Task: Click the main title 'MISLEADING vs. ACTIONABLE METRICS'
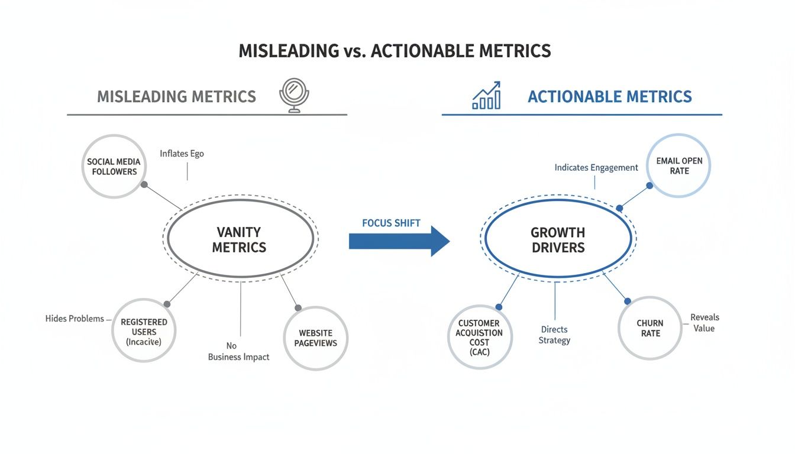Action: (395, 51)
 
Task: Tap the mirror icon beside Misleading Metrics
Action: (294, 95)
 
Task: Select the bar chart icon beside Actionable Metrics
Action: (486, 96)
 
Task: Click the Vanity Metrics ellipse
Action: (240, 239)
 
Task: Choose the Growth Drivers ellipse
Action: (557, 239)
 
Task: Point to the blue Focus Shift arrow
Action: (399, 241)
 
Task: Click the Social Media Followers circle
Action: (114, 166)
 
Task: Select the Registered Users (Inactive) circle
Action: (144, 331)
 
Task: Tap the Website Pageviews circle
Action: (315, 338)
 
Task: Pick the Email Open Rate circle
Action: (679, 166)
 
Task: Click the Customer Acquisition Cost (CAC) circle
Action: (479, 338)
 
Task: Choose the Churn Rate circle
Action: (649, 328)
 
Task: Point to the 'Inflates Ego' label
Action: (182, 154)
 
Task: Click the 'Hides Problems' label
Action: (75, 319)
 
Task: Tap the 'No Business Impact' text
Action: (238, 351)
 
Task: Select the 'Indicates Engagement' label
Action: (596, 168)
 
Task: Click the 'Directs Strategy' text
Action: (554, 335)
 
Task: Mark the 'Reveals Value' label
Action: (704, 323)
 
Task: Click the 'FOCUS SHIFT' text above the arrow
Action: (391, 223)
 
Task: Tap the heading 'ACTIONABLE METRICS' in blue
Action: (609, 96)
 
